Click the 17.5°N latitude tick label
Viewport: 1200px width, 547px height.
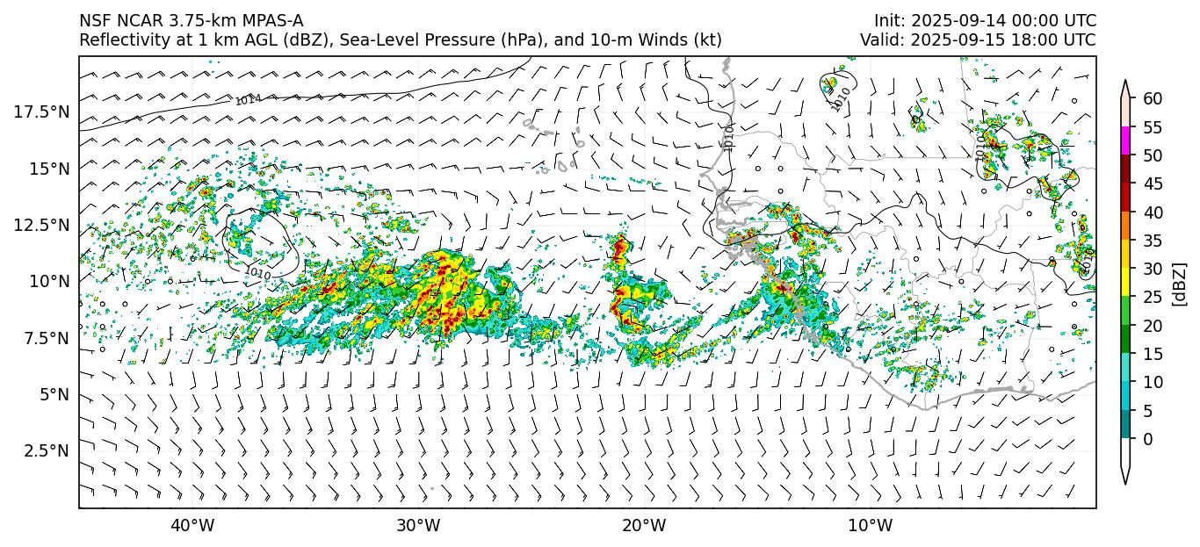click(41, 112)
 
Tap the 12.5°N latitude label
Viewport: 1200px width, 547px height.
click(41, 225)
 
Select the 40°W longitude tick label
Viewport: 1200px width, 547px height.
click(192, 526)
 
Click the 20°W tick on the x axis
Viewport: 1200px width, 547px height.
click(644, 526)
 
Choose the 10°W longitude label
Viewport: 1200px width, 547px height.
click(870, 526)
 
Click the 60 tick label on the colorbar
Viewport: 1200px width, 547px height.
click(1153, 99)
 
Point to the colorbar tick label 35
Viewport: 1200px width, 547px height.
click(1153, 241)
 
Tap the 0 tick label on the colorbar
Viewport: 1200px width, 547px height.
click(1147, 439)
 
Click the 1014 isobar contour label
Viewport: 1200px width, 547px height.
click(248, 100)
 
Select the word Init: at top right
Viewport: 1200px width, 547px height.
click(894, 21)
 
